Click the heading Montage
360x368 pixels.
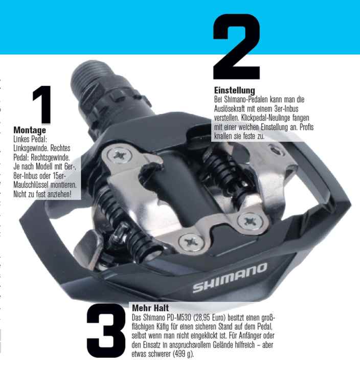click(30, 131)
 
